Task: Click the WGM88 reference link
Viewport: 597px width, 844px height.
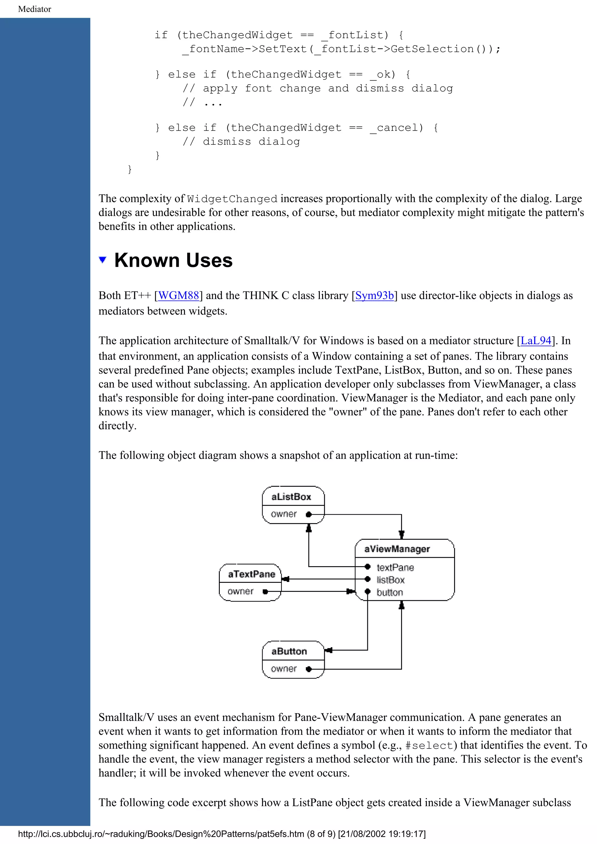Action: (x=178, y=296)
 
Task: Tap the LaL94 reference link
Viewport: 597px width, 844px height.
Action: (x=536, y=341)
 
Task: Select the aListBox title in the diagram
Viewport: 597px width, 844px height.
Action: (x=291, y=497)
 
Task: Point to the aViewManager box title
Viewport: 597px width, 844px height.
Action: (x=397, y=549)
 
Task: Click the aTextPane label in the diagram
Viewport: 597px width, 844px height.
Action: (x=252, y=574)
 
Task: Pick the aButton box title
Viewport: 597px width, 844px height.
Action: (x=289, y=651)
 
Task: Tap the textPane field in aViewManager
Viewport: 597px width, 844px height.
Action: (x=395, y=568)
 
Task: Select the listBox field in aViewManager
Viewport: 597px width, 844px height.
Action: (x=391, y=580)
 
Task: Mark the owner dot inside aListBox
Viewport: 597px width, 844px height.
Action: (x=309, y=515)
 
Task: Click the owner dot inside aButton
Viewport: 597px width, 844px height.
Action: (x=309, y=669)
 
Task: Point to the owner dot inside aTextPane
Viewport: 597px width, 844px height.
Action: (x=265, y=591)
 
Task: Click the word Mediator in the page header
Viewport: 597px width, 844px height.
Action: (x=35, y=9)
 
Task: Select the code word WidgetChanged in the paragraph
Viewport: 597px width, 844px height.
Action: (x=232, y=199)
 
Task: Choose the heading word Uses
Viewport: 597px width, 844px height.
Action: (x=209, y=260)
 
